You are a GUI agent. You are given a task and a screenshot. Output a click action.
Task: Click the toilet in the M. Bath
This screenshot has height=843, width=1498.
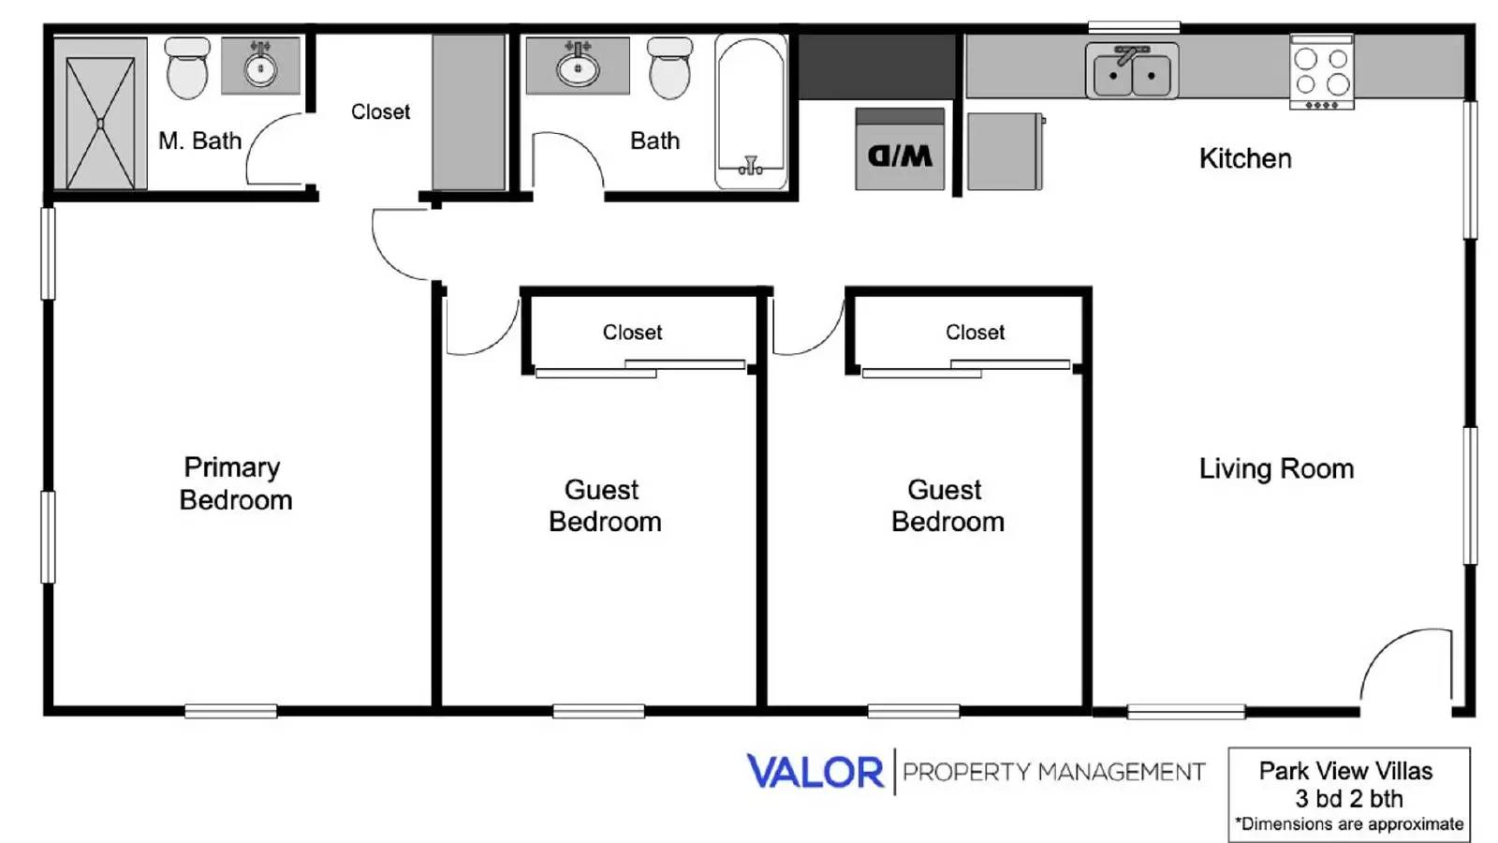tap(187, 67)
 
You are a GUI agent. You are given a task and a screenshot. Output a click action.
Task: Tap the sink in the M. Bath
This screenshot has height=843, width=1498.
tap(260, 66)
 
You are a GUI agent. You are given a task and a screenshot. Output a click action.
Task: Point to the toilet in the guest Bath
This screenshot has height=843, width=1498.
tap(669, 68)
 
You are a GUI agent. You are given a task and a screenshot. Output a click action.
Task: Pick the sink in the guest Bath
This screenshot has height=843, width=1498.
tap(578, 66)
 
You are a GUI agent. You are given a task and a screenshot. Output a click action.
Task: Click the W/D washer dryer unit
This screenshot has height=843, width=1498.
tap(900, 150)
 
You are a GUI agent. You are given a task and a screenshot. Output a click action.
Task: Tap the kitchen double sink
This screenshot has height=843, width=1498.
tap(1131, 72)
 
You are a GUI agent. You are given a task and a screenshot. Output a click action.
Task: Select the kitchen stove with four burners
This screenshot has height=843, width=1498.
tap(1321, 72)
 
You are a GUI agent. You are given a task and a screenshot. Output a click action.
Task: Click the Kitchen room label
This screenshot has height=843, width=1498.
tap(1245, 158)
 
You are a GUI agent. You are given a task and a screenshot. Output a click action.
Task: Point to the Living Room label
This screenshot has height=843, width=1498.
tap(1276, 468)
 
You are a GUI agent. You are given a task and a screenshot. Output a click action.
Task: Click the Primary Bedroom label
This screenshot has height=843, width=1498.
tap(235, 483)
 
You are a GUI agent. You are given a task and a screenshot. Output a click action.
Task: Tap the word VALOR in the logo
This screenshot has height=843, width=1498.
tap(815, 772)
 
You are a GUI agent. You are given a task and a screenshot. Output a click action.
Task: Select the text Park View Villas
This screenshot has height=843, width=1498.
tap(1345, 771)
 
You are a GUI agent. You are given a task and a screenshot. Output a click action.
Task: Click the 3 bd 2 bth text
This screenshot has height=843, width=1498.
tap(1349, 799)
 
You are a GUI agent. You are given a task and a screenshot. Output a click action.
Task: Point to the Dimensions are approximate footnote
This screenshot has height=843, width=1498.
tap(1349, 824)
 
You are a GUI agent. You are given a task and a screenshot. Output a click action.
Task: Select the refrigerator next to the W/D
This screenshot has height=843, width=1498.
tap(1005, 152)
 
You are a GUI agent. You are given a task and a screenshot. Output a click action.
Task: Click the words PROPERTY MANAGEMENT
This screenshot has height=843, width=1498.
tap(1053, 772)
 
